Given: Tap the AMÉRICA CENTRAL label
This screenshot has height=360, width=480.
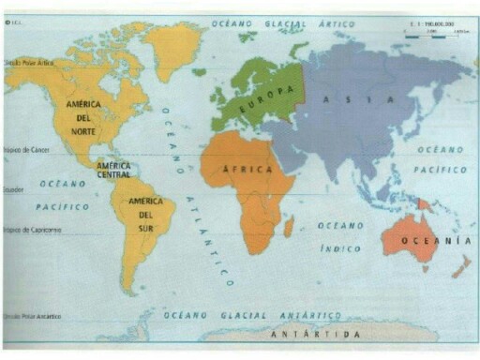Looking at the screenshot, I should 113,170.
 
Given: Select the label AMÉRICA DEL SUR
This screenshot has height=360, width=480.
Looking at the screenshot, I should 145,209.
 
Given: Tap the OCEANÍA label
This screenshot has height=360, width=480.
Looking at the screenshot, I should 435,242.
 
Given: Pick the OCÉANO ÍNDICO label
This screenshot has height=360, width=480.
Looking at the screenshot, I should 339,236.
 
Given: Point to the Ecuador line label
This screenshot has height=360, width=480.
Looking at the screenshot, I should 13,188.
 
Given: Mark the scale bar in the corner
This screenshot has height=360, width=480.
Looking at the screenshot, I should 435,31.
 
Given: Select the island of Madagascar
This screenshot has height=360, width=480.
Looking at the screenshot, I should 289,226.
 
